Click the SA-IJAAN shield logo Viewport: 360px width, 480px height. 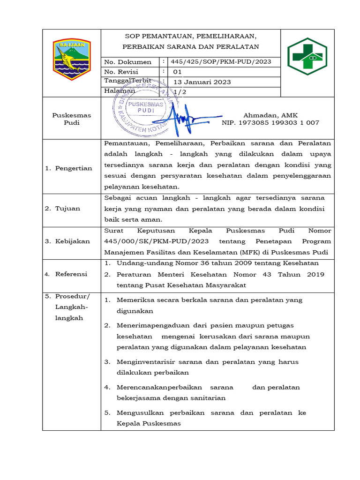tap(71, 60)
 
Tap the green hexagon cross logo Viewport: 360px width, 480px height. tap(308, 57)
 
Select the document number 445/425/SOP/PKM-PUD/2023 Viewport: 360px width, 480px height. tap(221, 62)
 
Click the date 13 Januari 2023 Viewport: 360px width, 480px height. tap(202, 82)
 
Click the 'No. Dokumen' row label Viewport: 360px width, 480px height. tap(127, 62)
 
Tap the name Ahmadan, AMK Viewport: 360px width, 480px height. tap(270, 115)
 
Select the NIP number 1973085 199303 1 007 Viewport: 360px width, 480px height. tap(270, 123)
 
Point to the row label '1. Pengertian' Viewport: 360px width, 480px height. tap(69, 168)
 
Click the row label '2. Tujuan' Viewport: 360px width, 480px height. tap(62, 209)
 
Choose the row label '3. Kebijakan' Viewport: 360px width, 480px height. tap(67, 241)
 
